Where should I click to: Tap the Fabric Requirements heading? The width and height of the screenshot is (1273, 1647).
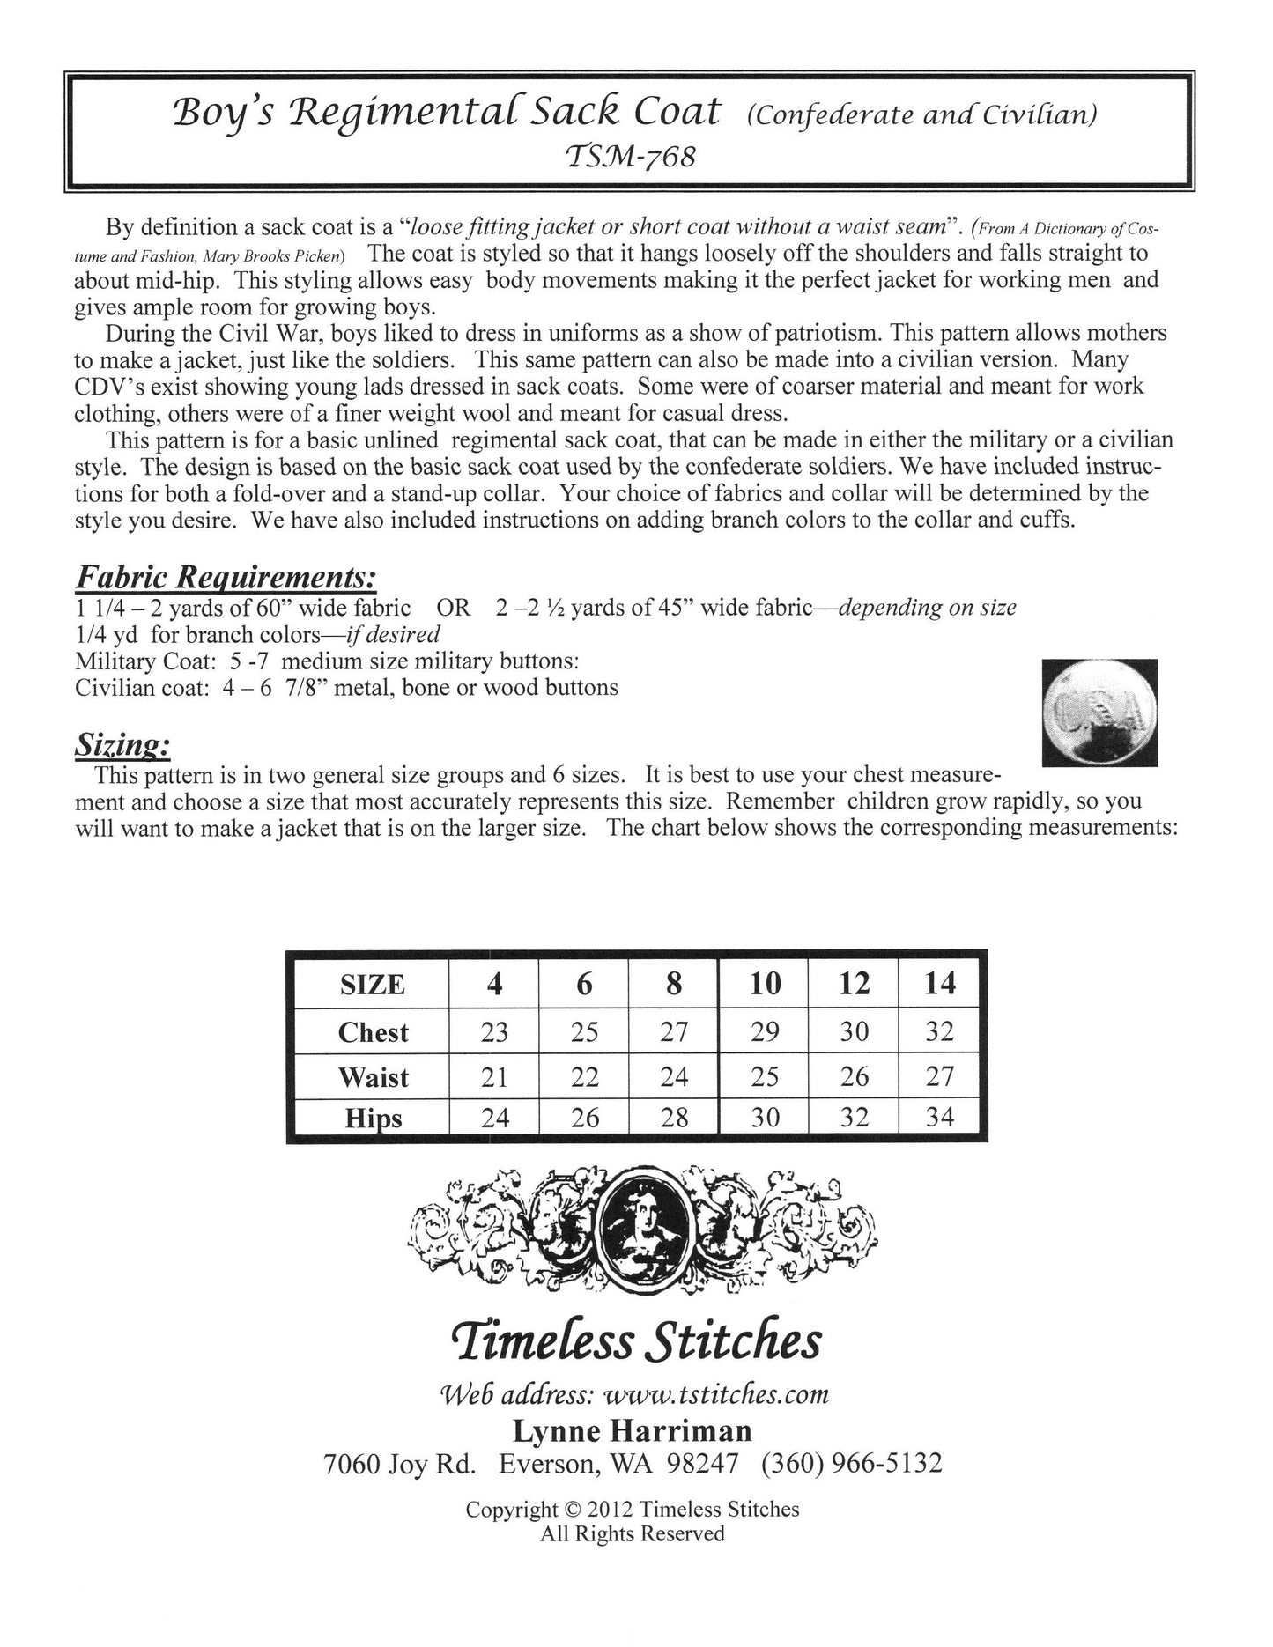click(226, 577)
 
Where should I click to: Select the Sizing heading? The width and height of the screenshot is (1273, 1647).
click(122, 746)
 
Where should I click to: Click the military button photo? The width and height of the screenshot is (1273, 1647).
click(1099, 713)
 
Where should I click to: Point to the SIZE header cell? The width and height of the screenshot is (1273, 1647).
click(373, 984)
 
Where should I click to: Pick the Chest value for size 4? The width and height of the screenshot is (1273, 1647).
click(494, 1031)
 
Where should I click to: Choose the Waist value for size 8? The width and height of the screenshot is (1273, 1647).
click(674, 1076)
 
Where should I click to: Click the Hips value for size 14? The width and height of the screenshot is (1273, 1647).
click(940, 1117)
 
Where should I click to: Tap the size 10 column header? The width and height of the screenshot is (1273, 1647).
click(765, 984)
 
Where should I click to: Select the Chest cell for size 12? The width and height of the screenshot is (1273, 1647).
click(854, 1031)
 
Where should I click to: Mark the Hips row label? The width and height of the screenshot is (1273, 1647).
click(374, 1118)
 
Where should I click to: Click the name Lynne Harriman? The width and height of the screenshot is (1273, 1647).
click(633, 1430)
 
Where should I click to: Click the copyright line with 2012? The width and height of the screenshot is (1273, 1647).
click(633, 1509)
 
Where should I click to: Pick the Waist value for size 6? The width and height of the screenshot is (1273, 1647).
click(585, 1076)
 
